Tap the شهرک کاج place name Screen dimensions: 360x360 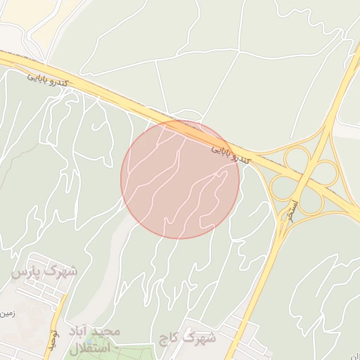click(x=187, y=338)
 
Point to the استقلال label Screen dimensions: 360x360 click(x=91, y=347)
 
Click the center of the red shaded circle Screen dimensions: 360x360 click(x=180, y=179)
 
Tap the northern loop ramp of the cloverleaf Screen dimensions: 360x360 click(x=297, y=157)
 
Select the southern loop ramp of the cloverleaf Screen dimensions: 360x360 click(x=311, y=201)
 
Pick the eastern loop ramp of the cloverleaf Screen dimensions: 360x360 click(x=326, y=172)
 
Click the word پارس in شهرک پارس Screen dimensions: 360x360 click(x=28, y=271)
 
